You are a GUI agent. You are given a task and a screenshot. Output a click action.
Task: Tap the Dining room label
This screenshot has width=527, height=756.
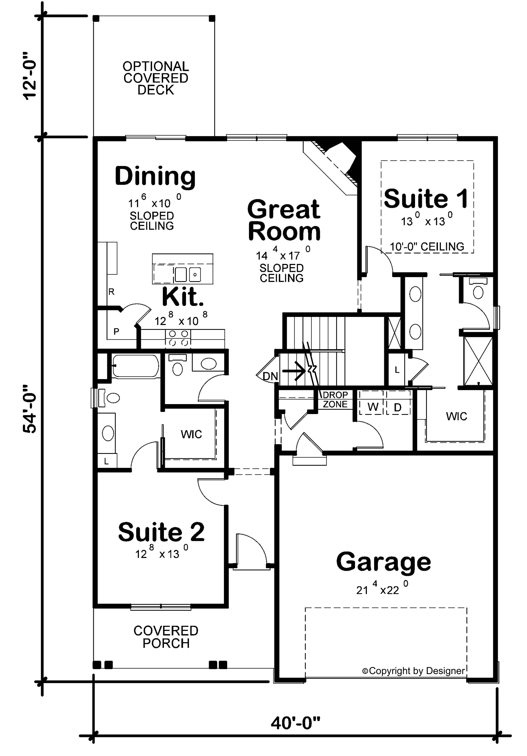click(155, 176)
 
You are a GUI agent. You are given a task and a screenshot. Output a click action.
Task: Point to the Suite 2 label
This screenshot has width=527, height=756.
click(161, 532)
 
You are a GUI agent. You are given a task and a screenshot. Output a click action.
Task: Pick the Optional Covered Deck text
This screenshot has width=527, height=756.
click(155, 78)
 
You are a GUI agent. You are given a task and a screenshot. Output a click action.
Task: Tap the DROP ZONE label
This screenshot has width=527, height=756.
click(335, 399)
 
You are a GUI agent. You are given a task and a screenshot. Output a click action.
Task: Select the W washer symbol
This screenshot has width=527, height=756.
click(373, 407)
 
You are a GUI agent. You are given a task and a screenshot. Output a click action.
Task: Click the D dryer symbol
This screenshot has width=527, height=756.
click(398, 407)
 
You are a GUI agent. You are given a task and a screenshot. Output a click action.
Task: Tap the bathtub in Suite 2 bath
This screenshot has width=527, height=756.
click(135, 366)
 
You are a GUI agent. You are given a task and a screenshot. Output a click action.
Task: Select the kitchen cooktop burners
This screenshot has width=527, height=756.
click(178, 338)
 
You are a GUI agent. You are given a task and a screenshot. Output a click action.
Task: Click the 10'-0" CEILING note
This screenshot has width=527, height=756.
click(427, 246)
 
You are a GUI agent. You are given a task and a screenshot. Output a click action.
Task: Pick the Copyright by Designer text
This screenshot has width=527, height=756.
click(413, 671)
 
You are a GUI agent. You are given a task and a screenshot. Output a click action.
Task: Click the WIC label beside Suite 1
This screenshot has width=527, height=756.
click(456, 416)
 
